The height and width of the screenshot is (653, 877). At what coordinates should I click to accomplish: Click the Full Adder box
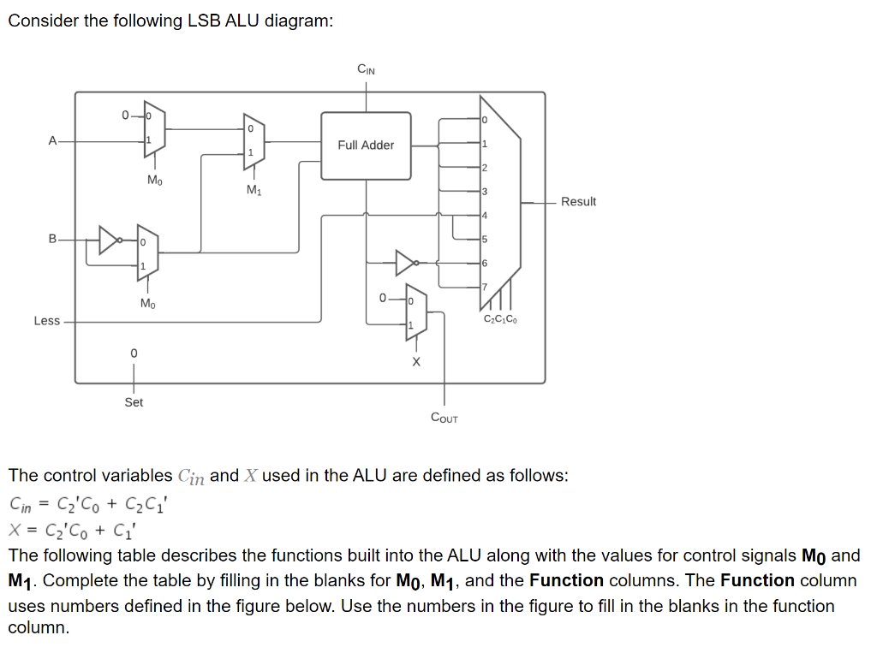click(x=366, y=145)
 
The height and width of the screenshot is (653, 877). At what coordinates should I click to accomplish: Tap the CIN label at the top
click(x=366, y=69)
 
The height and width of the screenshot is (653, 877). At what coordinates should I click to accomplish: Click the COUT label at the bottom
click(x=444, y=418)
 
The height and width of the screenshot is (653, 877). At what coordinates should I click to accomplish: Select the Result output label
click(x=578, y=202)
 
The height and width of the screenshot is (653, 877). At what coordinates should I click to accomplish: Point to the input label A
click(x=53, y=140)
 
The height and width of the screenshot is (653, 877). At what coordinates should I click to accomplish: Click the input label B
click(x=53, y=240)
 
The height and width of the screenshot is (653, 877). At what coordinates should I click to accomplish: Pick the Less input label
click(x=46, y=321)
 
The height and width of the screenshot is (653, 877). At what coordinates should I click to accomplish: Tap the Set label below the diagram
click(x=134, y=401)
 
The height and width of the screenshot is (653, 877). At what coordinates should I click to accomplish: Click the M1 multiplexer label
click(x=254, y=190)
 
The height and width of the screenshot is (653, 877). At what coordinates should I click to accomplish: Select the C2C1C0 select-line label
click(x=500, y=320)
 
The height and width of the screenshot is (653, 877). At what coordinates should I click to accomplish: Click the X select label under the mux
click(x=416, y=362)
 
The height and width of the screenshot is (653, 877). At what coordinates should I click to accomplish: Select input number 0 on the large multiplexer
click(x=484, y=120)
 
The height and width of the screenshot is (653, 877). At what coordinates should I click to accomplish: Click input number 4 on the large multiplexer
click(x=484, y=215)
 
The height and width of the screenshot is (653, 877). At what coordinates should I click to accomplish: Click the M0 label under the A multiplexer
click(x=154, y=180)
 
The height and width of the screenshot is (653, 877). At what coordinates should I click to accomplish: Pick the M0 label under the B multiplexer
click(x=147, y=303)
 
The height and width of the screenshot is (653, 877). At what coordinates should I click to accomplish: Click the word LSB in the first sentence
click(x=204, y=21)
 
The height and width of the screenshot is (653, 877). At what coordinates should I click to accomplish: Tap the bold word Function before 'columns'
click(x=566, y=580)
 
